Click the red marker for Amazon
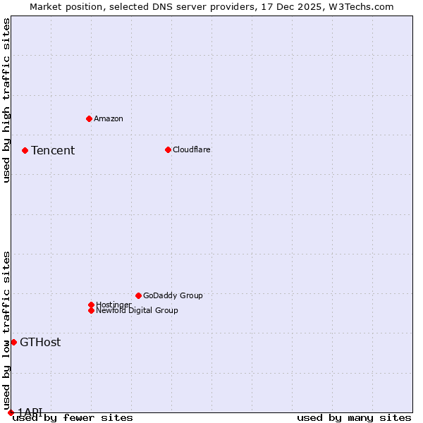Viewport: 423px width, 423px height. pyautogui.click(x=89, y=118)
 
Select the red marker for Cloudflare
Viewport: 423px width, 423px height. pyautogui.click(x=168, y=149)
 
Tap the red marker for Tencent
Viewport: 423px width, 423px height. pyautogui.click(x=25, y=150)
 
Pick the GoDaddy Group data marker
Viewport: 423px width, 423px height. pyautogui.click(x=138, y=295)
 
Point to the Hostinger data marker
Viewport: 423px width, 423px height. pyautogui.click(x=91, y=305)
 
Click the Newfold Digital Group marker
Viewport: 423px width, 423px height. pyautogui.click(x=91, y=310)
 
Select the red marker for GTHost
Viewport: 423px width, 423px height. pyautogui.click(x=13, y=342)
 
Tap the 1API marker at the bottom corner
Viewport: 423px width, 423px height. pyautogui.click(x=11, y=412)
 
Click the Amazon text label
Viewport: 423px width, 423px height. pyautogui.click(x=109, y=118)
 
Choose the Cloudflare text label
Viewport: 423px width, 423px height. pyautogui.click(x=192, y=149)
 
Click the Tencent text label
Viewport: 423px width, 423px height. pyautogui.click(x=53, y=150)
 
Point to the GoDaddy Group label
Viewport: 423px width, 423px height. pyautogui.click(x=173, y=295)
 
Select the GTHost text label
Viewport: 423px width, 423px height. pyautogui.click(x=40, y=343)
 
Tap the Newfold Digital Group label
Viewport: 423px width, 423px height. pyautogui.click(x=137, y=310)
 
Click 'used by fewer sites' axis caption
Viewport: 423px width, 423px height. pyautogui.click(x=73, y=417)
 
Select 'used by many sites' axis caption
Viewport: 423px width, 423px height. pyautogui.click(x=354, y=417)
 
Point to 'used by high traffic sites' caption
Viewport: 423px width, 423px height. pyautogui.click(x=6, y=100)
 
